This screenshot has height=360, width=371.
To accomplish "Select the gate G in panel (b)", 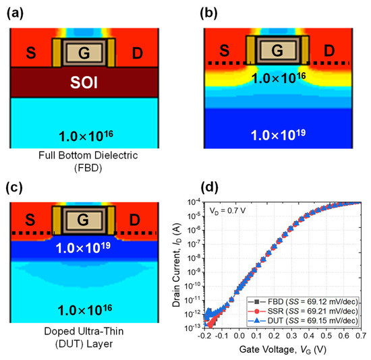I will pos(275,50).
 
